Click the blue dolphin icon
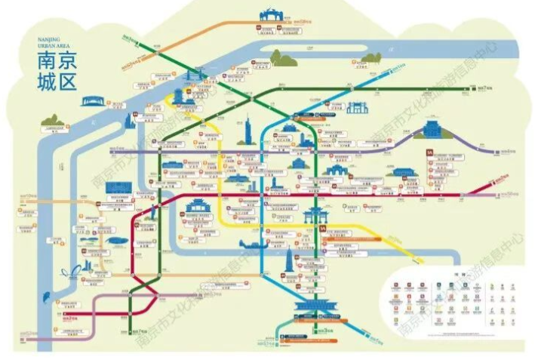pos(72,272)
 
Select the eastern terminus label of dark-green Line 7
pos(486,88)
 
